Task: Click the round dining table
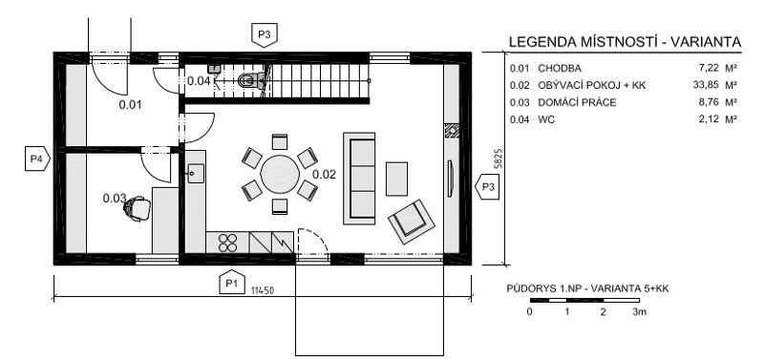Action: coord(280,175)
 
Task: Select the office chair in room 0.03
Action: coord(137,208)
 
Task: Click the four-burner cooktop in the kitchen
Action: coord(227,243)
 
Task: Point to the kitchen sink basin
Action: coord(196,174)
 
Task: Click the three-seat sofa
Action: coord(359,179)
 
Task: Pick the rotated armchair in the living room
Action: coord(412,222)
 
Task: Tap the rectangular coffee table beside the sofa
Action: coord(396,179)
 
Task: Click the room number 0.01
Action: coord(130,104)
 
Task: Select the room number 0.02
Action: coord(324,174)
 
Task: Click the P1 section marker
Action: coord(231,282)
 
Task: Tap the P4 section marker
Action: coord(37,159)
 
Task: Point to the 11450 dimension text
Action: coord(262,291)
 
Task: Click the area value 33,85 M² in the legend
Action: coord(714,85)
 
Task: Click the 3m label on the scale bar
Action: coord(639,311)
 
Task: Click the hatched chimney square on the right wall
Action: coord(452,131)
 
